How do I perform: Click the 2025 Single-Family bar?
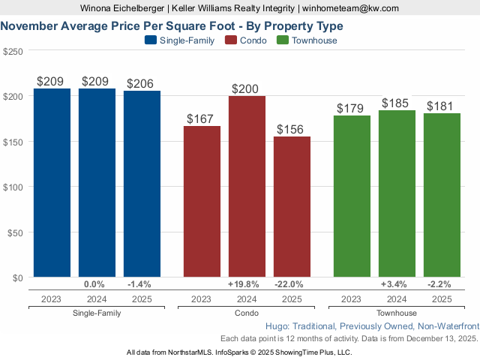[142, 184]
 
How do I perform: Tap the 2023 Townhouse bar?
[352, 196]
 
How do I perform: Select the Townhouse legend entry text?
[314, 40]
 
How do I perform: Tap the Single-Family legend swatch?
[149, 40]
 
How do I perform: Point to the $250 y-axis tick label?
[13, 51]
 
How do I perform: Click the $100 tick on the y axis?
[13, 187]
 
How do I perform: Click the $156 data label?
[292, 129]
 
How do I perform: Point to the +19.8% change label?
[243, 285]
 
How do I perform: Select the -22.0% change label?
[291, 285]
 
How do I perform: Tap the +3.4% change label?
[394, 285]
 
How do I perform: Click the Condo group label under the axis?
[247, 313]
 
